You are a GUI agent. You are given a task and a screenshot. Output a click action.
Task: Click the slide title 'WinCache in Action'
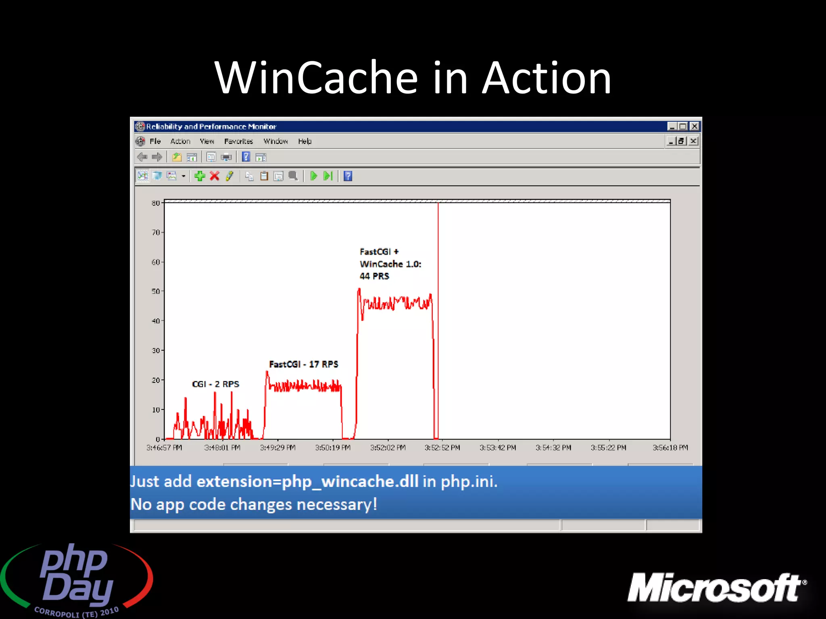pyautogui.click(x=412, y=77)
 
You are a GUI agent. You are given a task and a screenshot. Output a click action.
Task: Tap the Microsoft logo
pyautogui.click(x=716, y=588)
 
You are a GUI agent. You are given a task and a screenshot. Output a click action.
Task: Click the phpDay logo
pyautogui.click(x=77, y=579)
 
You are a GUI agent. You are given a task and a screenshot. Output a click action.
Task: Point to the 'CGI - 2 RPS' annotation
pyautogui.click(x=215, y=384)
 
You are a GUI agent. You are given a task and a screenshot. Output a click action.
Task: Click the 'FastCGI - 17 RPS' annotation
pyautogui.click(x=303, y=364)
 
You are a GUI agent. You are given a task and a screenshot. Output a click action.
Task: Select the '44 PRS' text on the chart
pyautogui.click(x=374, y=276)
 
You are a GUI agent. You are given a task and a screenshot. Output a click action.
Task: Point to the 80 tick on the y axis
pyautogui.click(x=156, y=203)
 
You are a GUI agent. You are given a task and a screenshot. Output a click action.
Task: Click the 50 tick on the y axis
pyautogui.click(x=156, y=291)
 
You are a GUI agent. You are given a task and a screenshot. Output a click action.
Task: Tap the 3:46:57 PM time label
pyautogui.click(x=164, y=448)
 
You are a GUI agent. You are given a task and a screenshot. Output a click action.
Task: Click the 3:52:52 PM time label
pyautogui.click(x=442, y=448)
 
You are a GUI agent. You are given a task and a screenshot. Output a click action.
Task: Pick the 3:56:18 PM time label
pyautogui.click(x=670, y=448)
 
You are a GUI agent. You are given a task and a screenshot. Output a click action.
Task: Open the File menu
pyautogui.click(x=155, y=141)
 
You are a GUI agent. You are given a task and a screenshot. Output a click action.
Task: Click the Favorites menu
pyautogui.click(x=238, y=141)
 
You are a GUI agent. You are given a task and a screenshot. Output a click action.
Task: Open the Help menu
pyautogui.click(x=305, y=141)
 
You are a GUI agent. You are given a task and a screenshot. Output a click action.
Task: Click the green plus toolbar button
pyautogui.click(x=200, y=176)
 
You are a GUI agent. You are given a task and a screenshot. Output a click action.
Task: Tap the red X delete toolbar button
pyautogui.click(x=215, y=176)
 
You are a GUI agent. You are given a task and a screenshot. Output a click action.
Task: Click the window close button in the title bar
pyautogui.click(x=694, y=127)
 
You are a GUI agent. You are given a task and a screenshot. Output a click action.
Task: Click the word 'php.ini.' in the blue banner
pyautogui.click(x=469, y=482)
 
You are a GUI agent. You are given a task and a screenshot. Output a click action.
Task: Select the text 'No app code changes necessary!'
pyautogui.click(x=254, y=505)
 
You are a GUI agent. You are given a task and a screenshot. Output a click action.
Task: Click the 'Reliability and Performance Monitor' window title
pyautogui.click(x=211, y=127)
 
